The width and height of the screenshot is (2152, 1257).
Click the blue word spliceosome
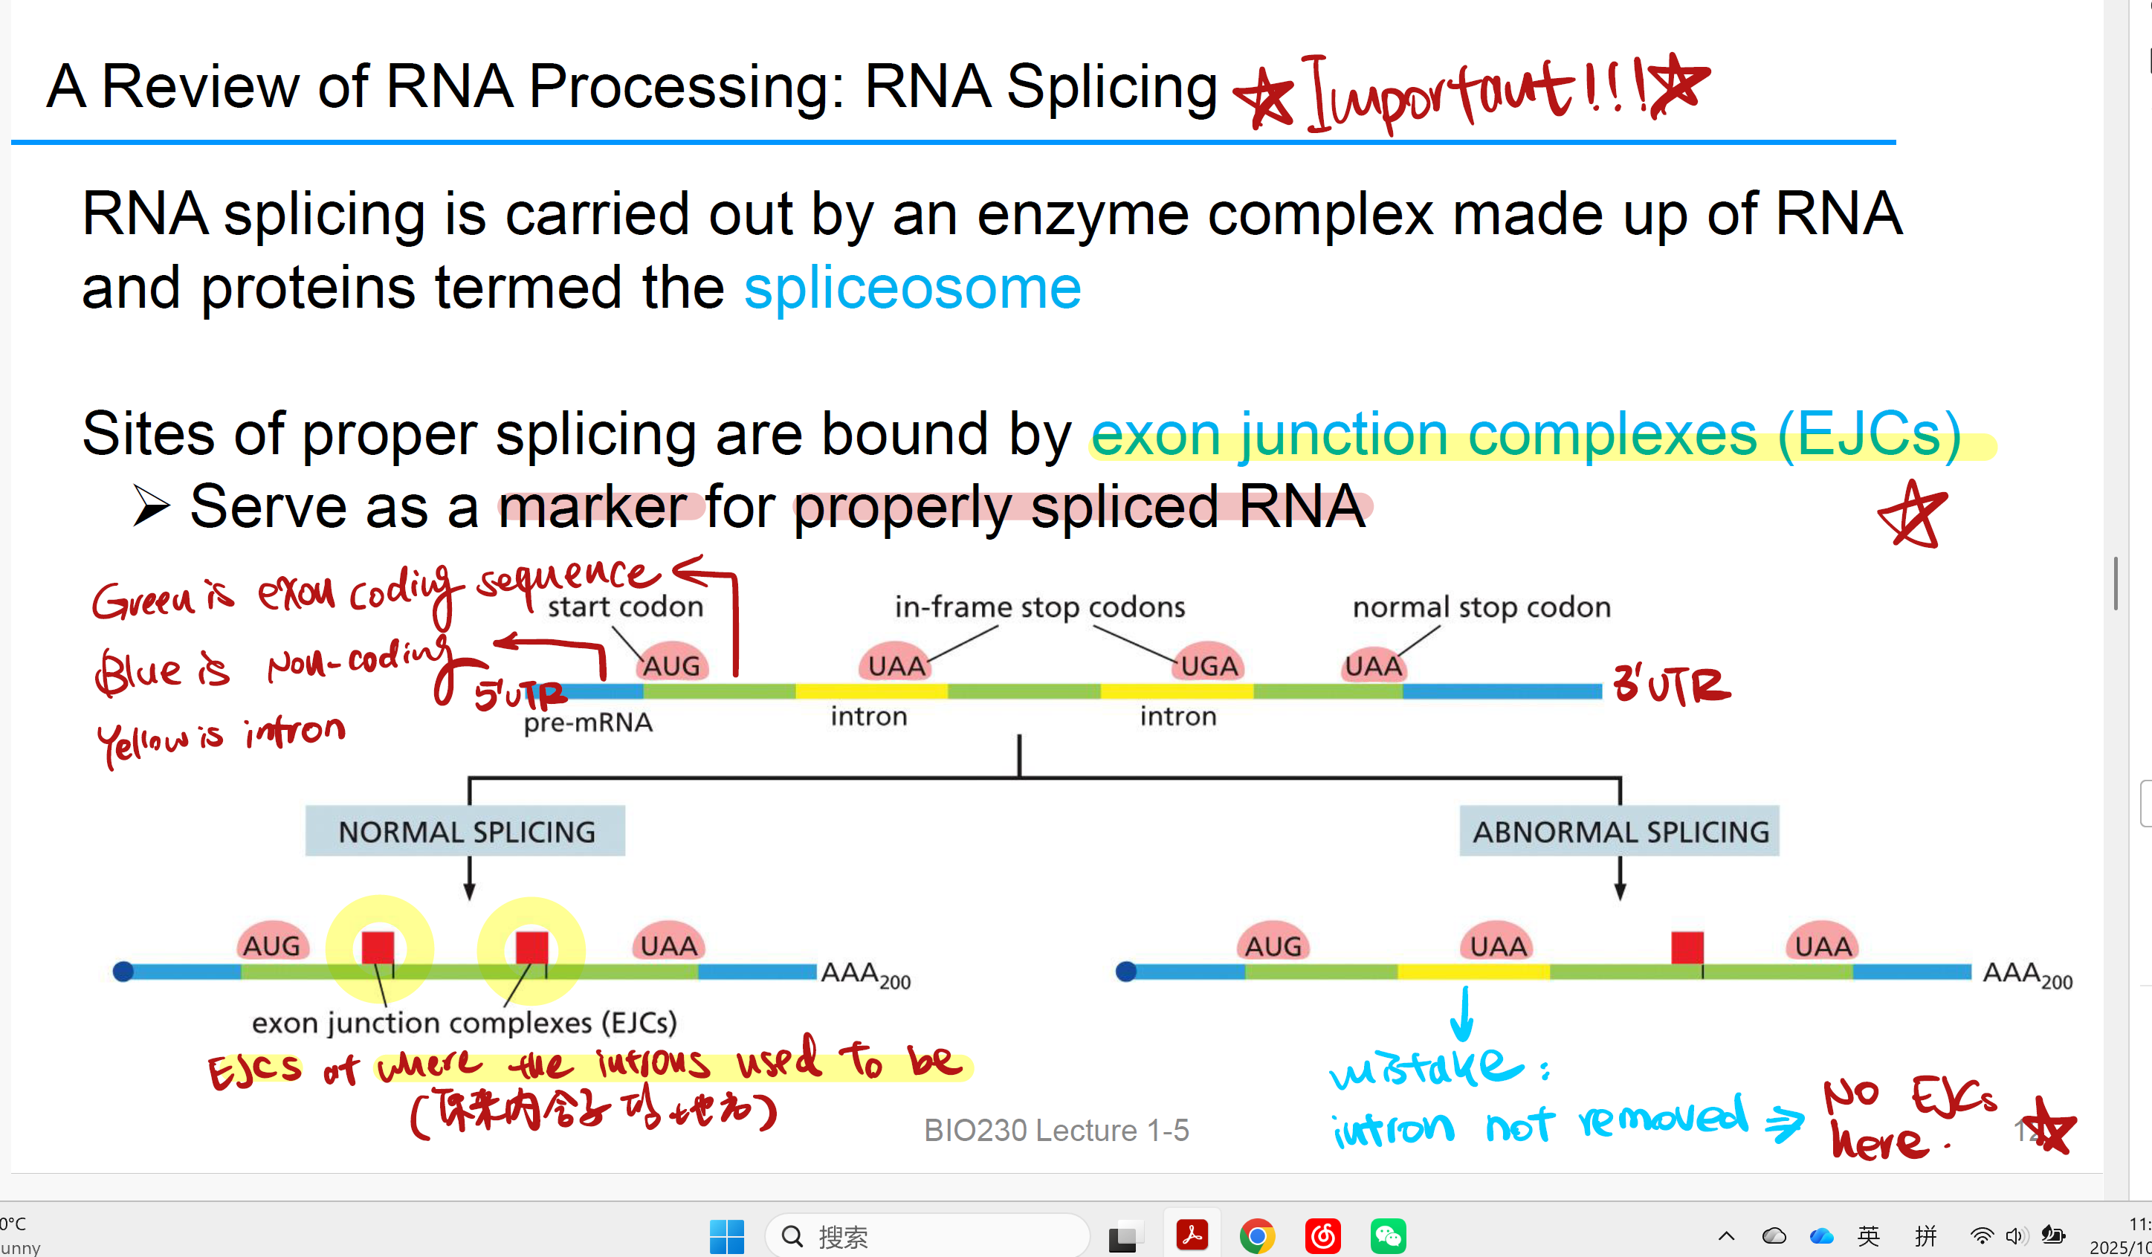(912, 288)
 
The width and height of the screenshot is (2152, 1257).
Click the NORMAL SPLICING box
(465, 831)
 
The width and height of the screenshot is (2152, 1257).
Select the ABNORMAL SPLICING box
(1619, 831)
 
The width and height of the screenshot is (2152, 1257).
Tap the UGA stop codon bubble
(1209, 665)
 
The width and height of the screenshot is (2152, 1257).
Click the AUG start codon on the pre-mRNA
(671, 664)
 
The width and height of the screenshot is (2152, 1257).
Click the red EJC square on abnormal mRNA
(1687, 948)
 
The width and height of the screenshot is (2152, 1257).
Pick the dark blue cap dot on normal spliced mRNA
(123, 971)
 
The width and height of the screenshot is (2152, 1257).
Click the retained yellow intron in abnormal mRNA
(1473, 972)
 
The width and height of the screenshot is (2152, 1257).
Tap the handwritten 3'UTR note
(1671, 685)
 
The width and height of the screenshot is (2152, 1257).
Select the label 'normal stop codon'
(1481, 607)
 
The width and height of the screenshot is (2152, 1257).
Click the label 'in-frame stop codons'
(1039, 607)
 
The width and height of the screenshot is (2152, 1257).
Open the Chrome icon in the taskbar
(1257, 1235)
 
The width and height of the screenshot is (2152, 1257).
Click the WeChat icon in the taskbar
(1388, 1235)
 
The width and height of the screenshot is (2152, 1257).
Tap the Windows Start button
(727, 1235)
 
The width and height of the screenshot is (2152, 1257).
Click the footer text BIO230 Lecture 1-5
(1056, 1130)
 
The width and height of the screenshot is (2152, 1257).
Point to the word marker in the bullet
(592, 506)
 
